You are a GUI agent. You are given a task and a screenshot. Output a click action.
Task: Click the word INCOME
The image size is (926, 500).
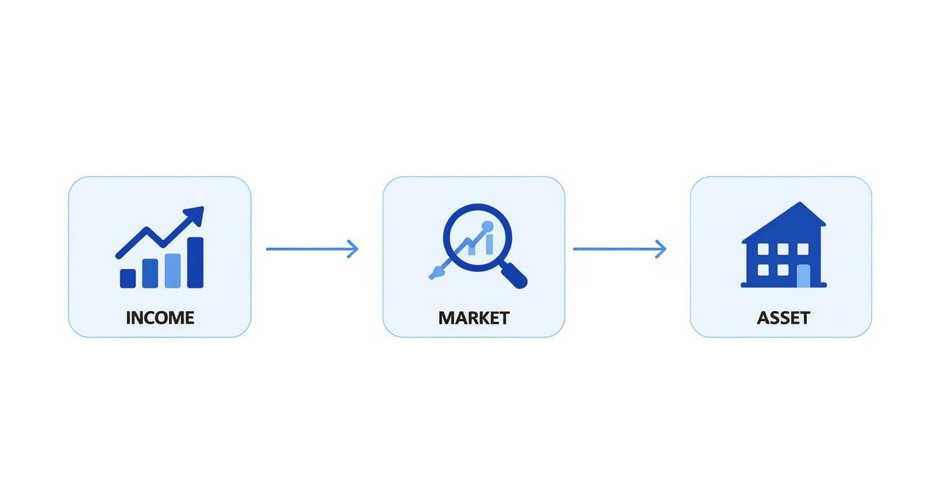[160, 318]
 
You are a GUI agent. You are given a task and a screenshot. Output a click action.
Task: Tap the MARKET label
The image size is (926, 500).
[474, 318]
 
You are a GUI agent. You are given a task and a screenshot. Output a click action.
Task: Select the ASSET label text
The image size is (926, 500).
[784, 318]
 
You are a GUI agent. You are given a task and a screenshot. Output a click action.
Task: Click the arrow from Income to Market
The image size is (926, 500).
[312, 249]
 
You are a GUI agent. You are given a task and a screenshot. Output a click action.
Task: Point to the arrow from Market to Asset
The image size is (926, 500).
[620, 249]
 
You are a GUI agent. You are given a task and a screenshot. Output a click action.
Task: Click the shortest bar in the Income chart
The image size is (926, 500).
[128, 279]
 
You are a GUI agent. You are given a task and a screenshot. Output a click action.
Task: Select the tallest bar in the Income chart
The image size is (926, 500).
[196, 263]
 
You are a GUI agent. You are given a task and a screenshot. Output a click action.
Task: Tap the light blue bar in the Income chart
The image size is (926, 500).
[173, 271]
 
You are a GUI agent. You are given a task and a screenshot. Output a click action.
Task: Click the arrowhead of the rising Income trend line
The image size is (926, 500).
[195, 215]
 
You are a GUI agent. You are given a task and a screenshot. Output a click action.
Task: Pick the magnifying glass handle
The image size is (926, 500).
[514, 275]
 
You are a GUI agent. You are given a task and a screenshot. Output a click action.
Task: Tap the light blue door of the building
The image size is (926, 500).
[803, 276]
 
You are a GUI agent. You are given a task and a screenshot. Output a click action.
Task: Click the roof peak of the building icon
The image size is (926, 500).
[800, 203]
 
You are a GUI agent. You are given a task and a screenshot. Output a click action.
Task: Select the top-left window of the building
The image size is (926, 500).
[763, 249]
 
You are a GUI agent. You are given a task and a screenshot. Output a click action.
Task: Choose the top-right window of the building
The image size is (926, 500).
[803, 249]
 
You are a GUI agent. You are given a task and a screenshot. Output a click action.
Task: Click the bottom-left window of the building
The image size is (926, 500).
[763, 270]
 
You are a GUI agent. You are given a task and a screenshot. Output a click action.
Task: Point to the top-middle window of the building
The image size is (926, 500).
[783, 249]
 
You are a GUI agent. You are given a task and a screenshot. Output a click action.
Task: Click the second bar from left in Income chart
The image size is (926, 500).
[150, 273]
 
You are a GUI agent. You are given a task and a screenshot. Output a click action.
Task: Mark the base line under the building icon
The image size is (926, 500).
[784, 285]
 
